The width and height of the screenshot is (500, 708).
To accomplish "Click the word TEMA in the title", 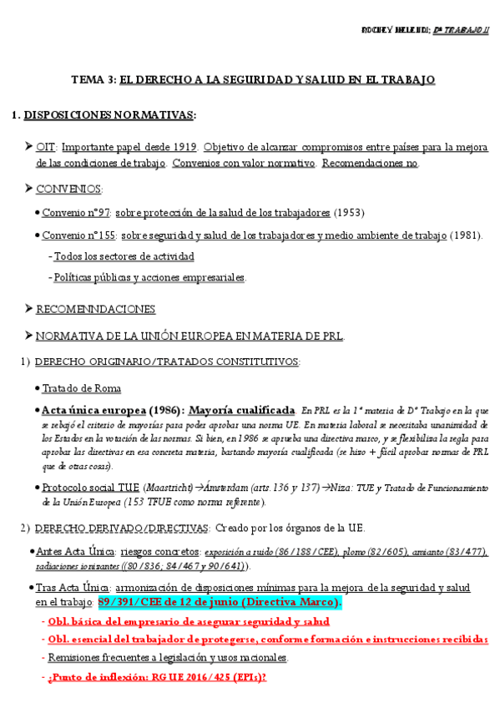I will [85, 80].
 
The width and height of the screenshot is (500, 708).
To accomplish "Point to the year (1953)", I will [350, 212].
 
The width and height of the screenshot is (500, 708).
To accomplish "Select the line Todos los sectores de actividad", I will [124, 256].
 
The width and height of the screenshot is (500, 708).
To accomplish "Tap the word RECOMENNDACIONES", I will [95, 309].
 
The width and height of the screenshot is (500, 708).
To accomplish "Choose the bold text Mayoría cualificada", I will [242, 410].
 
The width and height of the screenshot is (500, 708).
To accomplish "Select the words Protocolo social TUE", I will [90, 488].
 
